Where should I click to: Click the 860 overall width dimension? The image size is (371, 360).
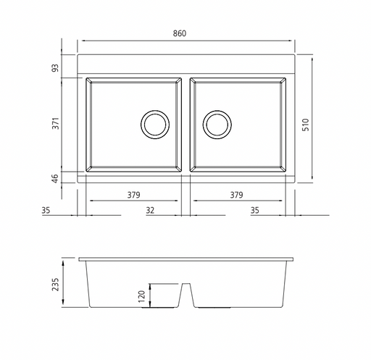[x=180, y=33]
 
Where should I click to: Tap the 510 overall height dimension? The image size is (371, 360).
[x=306, y=125]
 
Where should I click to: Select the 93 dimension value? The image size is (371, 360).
[x=55, y=68]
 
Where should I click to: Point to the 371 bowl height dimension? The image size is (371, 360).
[x=56, y=123]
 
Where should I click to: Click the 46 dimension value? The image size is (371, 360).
[x=55, y=178]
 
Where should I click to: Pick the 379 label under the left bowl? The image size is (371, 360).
[x=133, y=195]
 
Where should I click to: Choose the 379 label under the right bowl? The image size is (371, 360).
[x=236, y=195]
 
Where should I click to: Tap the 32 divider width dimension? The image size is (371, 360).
[x=150, y=210]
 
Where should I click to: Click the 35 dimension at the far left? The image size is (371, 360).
[x=46, y=210]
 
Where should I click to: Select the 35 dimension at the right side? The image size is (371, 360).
[x=254, y=210]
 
